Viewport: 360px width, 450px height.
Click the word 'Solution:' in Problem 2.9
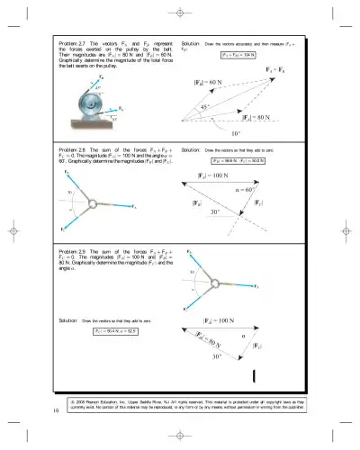coord(68,320)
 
